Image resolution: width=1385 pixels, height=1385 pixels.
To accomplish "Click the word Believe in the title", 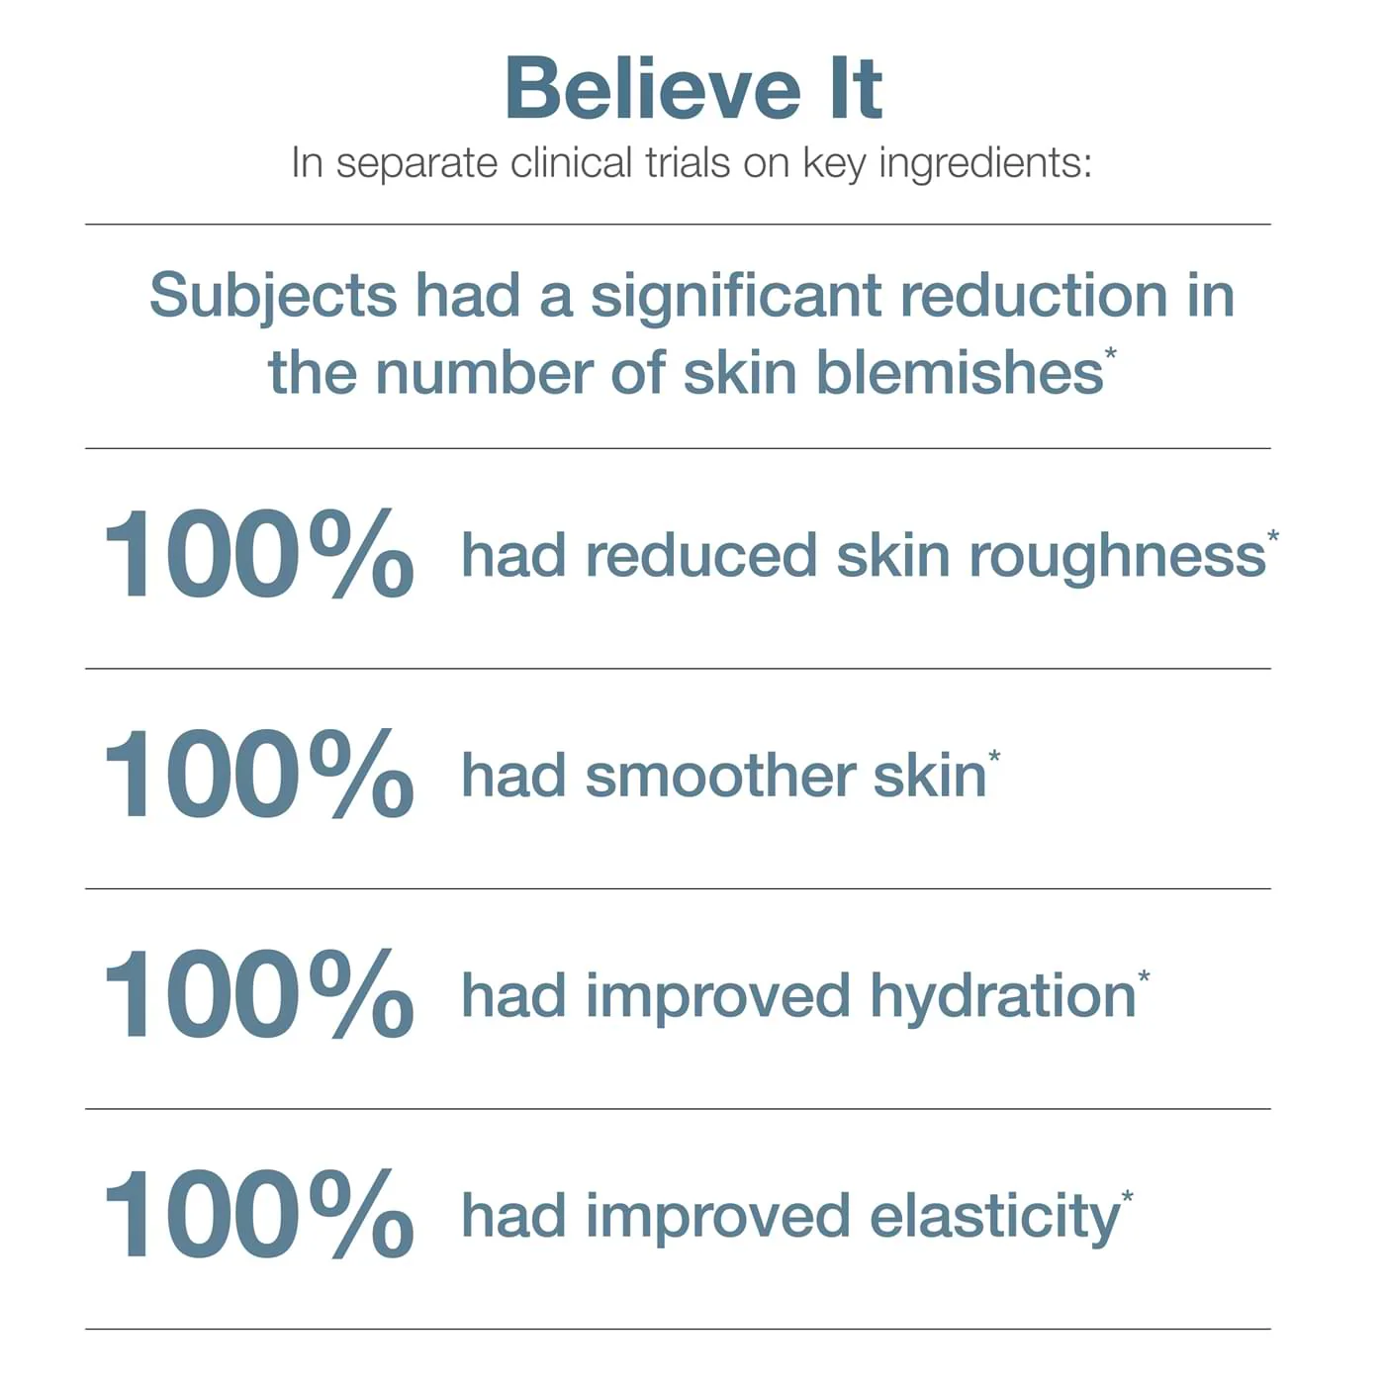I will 653,89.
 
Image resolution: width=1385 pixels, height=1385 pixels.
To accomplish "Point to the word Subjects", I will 273,297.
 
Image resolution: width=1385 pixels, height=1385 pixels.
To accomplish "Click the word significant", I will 737,297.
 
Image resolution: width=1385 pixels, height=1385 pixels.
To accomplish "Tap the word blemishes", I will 959,373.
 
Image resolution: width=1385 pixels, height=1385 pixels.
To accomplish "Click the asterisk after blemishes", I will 1111,353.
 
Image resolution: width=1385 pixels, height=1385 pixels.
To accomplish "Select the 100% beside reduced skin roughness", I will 258,554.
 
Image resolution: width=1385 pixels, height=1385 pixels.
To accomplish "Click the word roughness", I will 1117,557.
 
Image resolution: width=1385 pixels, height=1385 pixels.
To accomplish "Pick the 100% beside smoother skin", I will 258,775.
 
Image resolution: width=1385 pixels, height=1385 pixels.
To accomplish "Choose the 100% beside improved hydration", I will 258,994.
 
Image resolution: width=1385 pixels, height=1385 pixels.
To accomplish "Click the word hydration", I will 1002,997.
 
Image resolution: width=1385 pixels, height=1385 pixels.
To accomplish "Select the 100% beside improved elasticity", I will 258,1215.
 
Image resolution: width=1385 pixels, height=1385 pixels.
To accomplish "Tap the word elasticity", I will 994,1218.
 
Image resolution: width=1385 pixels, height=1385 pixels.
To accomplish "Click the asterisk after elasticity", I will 1127,1197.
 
